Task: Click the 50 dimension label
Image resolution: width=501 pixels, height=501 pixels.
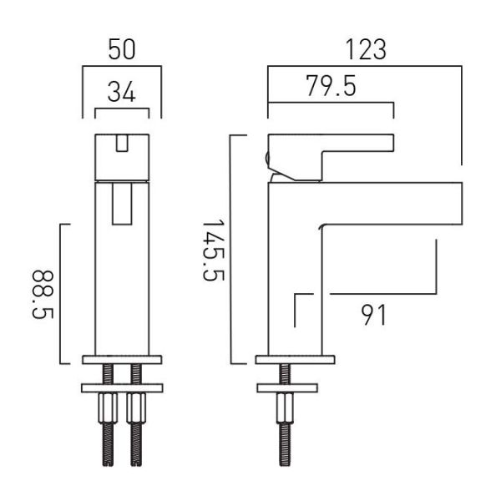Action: pyautogui.click(x=122, y=49)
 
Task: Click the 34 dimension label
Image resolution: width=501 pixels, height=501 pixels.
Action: pyautogui.click(x=122, y=92)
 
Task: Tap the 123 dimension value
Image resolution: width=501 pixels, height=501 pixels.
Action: pyautogui.click(x=367, y=49)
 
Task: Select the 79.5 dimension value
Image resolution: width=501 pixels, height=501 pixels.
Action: pyautogui.click(x=331, y=86)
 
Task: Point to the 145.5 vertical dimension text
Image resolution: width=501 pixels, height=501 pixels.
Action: pyautogui.click(x=214, y=250)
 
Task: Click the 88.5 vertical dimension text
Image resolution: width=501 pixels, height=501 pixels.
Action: pyautogui.click(x=43, y=295)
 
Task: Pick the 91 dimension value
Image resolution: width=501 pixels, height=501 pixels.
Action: pyautogui.click(x=373, y=315)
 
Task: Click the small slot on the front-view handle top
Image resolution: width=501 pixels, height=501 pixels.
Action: pyautogui.click(x=122, y=143)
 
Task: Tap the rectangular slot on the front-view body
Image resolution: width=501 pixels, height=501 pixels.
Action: pyautogui.click(x=122, y=204)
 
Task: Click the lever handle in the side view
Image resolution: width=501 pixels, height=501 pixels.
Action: pyautogui.click(x=329, y=157)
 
